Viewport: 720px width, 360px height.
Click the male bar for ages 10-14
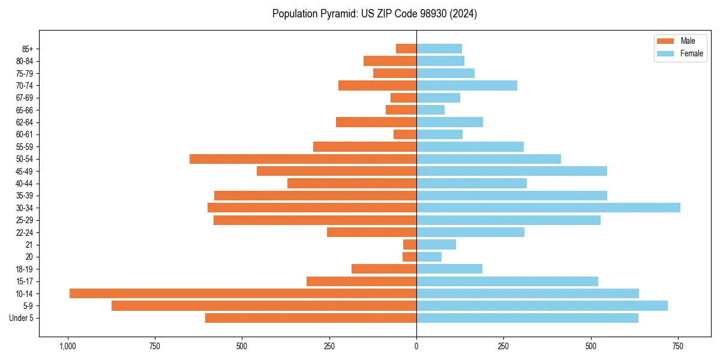click(243, 293)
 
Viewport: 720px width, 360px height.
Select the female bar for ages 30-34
click(548, 208)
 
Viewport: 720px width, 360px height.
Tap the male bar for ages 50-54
click(303, 159)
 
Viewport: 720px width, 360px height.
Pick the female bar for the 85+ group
click(439, 49)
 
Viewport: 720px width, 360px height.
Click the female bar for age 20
click(429, 257)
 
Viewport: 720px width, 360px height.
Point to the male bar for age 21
click(410, 244)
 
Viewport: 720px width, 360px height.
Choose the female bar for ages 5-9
click(542, 305)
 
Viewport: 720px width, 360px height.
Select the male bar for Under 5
click(311, 318)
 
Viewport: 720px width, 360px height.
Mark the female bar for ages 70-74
click(467, 85)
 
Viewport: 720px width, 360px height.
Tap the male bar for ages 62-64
click(376, 122)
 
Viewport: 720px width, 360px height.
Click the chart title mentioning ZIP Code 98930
click(374, 14)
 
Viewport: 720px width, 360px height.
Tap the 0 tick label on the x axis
click(416, 346)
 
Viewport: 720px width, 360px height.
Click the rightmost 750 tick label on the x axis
click(678, 346)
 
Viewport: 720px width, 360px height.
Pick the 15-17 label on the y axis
click(25, 281)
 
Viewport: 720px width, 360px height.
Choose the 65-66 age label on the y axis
click(25, 110)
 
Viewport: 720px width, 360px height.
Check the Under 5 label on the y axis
click(21, 318)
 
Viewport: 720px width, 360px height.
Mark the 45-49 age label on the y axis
click(25, 171)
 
